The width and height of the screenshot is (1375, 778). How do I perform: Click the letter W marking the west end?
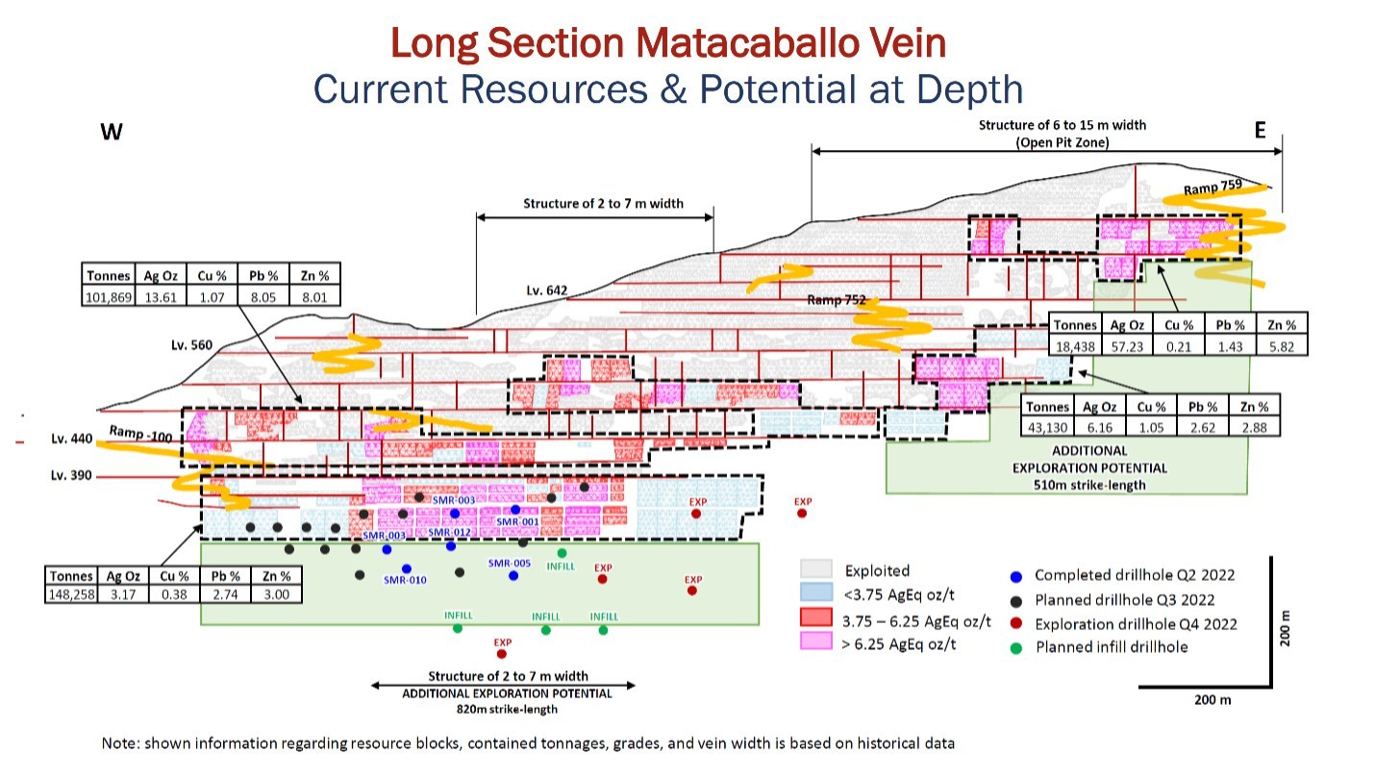pos(112,132)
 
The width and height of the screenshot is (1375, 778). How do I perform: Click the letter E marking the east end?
pos(1260,130)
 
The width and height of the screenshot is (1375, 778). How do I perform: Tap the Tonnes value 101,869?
pos(109,297)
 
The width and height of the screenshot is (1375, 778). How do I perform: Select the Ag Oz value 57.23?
pos(1127,346)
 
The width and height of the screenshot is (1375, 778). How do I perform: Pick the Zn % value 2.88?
pos(1254,427)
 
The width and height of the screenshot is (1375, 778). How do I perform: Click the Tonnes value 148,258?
pos(72,594)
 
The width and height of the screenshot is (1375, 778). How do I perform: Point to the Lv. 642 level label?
pos(546,290)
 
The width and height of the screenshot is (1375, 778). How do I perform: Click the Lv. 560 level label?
pos(191,345)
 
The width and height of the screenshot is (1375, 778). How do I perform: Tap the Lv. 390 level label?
pos(71,475)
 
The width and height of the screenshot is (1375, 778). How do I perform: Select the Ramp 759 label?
pos(1212,187)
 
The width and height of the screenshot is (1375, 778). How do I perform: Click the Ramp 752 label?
pos(836,300)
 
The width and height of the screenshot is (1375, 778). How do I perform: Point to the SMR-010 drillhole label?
pos(405,580)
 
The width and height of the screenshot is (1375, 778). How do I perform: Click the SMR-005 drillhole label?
pos(510,564)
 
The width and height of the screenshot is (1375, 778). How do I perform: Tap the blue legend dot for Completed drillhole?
pos(1016,577)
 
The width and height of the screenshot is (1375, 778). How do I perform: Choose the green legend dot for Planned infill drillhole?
pos(1016,648)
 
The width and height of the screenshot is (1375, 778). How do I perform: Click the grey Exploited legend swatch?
pos(815,568)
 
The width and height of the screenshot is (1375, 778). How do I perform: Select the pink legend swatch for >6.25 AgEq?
pos(815,640)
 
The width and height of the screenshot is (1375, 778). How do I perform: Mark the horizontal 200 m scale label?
pos(1212,700)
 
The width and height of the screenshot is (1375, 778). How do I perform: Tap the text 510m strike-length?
pos(1089,485)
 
